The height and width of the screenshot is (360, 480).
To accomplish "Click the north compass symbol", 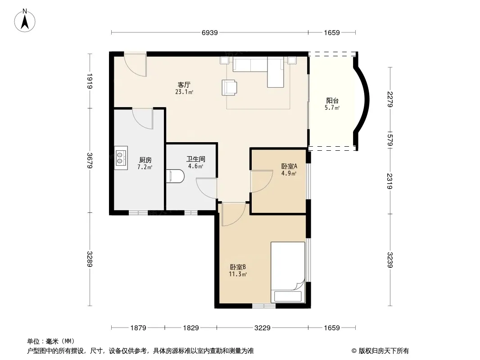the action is click(x=25, y=21).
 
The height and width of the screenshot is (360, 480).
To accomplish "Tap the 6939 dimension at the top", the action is click(x=210, y=32).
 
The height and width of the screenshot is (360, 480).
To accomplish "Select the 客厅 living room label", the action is click(x=184, y=85).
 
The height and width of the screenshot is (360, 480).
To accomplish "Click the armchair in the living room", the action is click(x=229, y=87).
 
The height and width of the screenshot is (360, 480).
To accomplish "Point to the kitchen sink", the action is click(x=121, y=157).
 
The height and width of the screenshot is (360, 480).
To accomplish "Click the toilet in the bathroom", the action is click(x=176, y=176).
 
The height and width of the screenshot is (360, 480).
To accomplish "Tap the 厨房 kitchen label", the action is click(x=145, y=160).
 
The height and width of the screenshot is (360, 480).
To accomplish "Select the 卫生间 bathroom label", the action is click(x=195, y=159).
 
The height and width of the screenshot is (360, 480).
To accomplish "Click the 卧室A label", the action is click(x=289, y=166).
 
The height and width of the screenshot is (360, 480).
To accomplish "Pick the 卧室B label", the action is click(x=238, y=267).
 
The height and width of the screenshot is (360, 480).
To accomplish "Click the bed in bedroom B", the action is click(x=288, y=272).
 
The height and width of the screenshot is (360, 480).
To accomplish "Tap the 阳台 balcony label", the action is click(x=332, y=101).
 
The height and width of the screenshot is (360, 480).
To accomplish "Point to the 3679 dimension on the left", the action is click(x=90, y=160).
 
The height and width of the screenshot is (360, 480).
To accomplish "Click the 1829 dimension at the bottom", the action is click(x=191, y=328).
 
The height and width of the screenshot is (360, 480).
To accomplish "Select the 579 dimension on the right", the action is click(x=389, y=140).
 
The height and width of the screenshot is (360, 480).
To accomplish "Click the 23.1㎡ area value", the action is click(x=184, y=92).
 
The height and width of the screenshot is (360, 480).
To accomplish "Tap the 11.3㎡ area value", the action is click(x=238, y=274).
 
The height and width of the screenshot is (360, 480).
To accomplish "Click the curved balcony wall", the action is click(x=366, y=100).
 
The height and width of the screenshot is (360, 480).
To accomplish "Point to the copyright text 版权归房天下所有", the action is click(x=384, y=351).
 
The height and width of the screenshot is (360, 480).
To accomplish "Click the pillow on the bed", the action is click(x=288, y=297).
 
